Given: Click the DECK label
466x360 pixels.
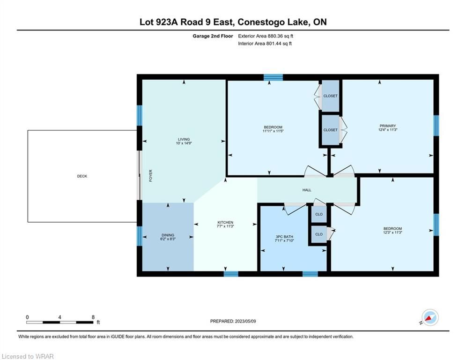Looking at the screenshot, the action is [82, 176].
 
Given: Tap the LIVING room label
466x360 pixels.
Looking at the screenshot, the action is [184, 139].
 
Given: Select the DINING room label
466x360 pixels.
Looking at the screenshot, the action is [168, 235].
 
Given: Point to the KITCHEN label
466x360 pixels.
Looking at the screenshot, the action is [225, 222].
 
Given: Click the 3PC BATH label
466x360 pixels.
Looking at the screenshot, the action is [284, 237].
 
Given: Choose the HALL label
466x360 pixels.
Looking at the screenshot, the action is [307, 190].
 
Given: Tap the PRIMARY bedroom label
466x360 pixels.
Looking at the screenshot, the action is [387, 126].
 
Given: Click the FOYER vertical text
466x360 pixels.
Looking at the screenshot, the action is [151, 175].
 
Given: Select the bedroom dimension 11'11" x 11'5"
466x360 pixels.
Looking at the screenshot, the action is [273, 131].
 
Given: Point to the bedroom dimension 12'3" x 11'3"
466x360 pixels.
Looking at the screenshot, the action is [392, 232].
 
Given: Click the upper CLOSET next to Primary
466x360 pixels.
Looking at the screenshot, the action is [331, 96].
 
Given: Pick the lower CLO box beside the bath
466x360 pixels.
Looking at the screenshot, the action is [319, 234].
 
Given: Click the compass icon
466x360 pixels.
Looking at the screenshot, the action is [429, 318].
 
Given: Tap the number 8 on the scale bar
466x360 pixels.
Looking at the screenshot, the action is [93, 317].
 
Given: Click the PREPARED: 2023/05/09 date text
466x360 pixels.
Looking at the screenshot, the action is [233, 321].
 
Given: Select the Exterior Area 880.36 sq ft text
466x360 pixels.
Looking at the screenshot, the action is [266, 36].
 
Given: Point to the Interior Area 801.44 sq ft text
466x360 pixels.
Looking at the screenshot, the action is [265, 44].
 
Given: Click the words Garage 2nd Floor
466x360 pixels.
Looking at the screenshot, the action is [213, 36].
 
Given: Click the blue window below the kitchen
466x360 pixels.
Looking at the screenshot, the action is [231, 274].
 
